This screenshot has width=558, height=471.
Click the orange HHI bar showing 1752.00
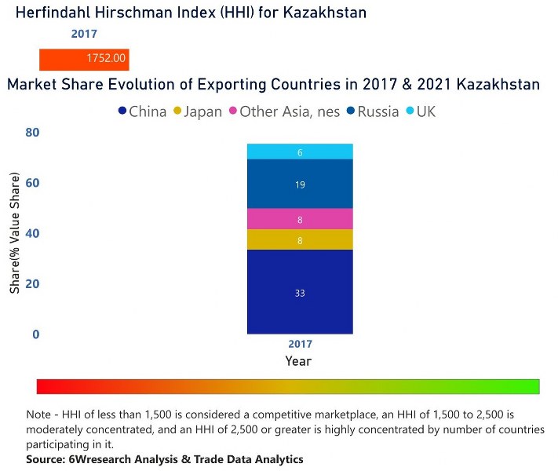click(x=84, y=59)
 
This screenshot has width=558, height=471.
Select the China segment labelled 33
click(x=300, y=292)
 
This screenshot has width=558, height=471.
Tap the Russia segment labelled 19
click(x=300, y=184)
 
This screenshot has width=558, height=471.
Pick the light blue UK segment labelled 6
click(x=300, y=152)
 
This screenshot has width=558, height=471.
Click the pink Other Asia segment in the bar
click(x=300, y=219)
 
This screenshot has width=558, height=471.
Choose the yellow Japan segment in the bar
click(x=300, y=240)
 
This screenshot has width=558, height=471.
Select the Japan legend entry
click(x=197, y=111)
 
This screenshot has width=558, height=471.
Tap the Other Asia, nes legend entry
click(x=283, y=111)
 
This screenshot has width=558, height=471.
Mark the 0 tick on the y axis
click(x=35, y=334)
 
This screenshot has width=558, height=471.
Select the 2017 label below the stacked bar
click(x=300, y=344)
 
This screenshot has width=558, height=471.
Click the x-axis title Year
click(x=299, y=361)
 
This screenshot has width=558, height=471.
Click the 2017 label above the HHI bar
click(x=84, y=35)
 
